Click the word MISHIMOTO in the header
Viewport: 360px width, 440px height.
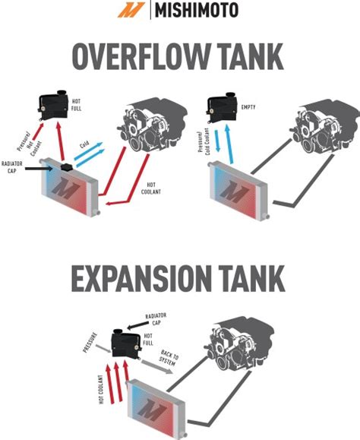(197, 11)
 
